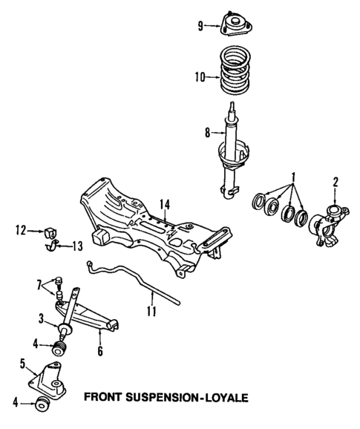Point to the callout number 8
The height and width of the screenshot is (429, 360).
(197, 134)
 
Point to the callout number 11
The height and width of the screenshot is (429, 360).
(151, 311)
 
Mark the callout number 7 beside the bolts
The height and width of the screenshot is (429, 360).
(40, 285)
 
